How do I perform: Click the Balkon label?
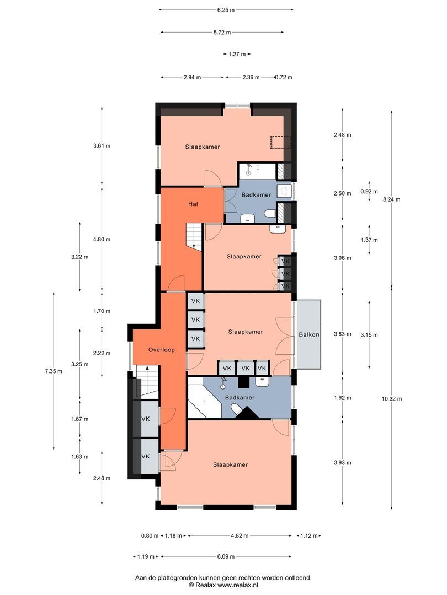click(309, 335)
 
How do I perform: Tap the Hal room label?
click(193, 203)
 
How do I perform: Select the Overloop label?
click(162, 350)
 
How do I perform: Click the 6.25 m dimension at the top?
click(226, 9)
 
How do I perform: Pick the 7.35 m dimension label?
click(54, 371)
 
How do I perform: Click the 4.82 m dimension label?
click(240, 535)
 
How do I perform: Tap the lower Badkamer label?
click(240, 397)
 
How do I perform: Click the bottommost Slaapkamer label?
click(230, 464)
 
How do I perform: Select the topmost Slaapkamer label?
click(203, 147)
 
